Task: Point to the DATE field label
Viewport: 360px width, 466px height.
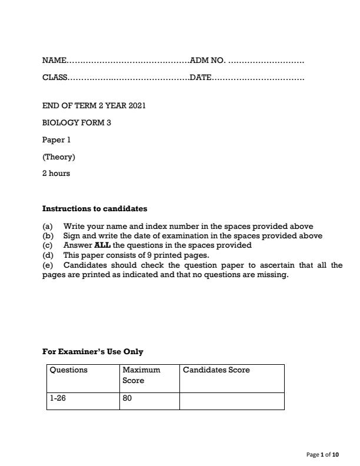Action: pos(201,78)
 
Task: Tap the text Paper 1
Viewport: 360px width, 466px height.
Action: pos(56,140)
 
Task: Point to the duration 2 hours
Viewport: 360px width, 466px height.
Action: pos(56,174)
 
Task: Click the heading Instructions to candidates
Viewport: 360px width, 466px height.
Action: pos(95,208)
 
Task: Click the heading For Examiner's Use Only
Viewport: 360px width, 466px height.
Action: pos(93,352)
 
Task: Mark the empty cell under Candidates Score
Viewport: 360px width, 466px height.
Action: pos(231,401)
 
